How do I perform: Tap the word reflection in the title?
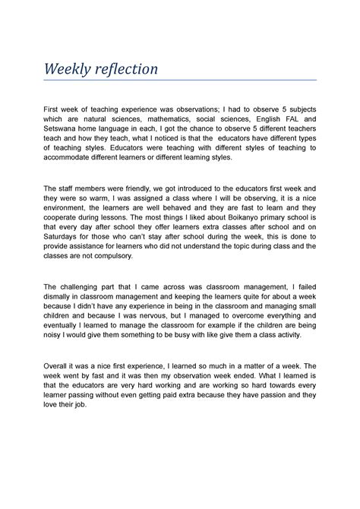[126, 69]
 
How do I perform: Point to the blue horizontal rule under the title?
[179, 79]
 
